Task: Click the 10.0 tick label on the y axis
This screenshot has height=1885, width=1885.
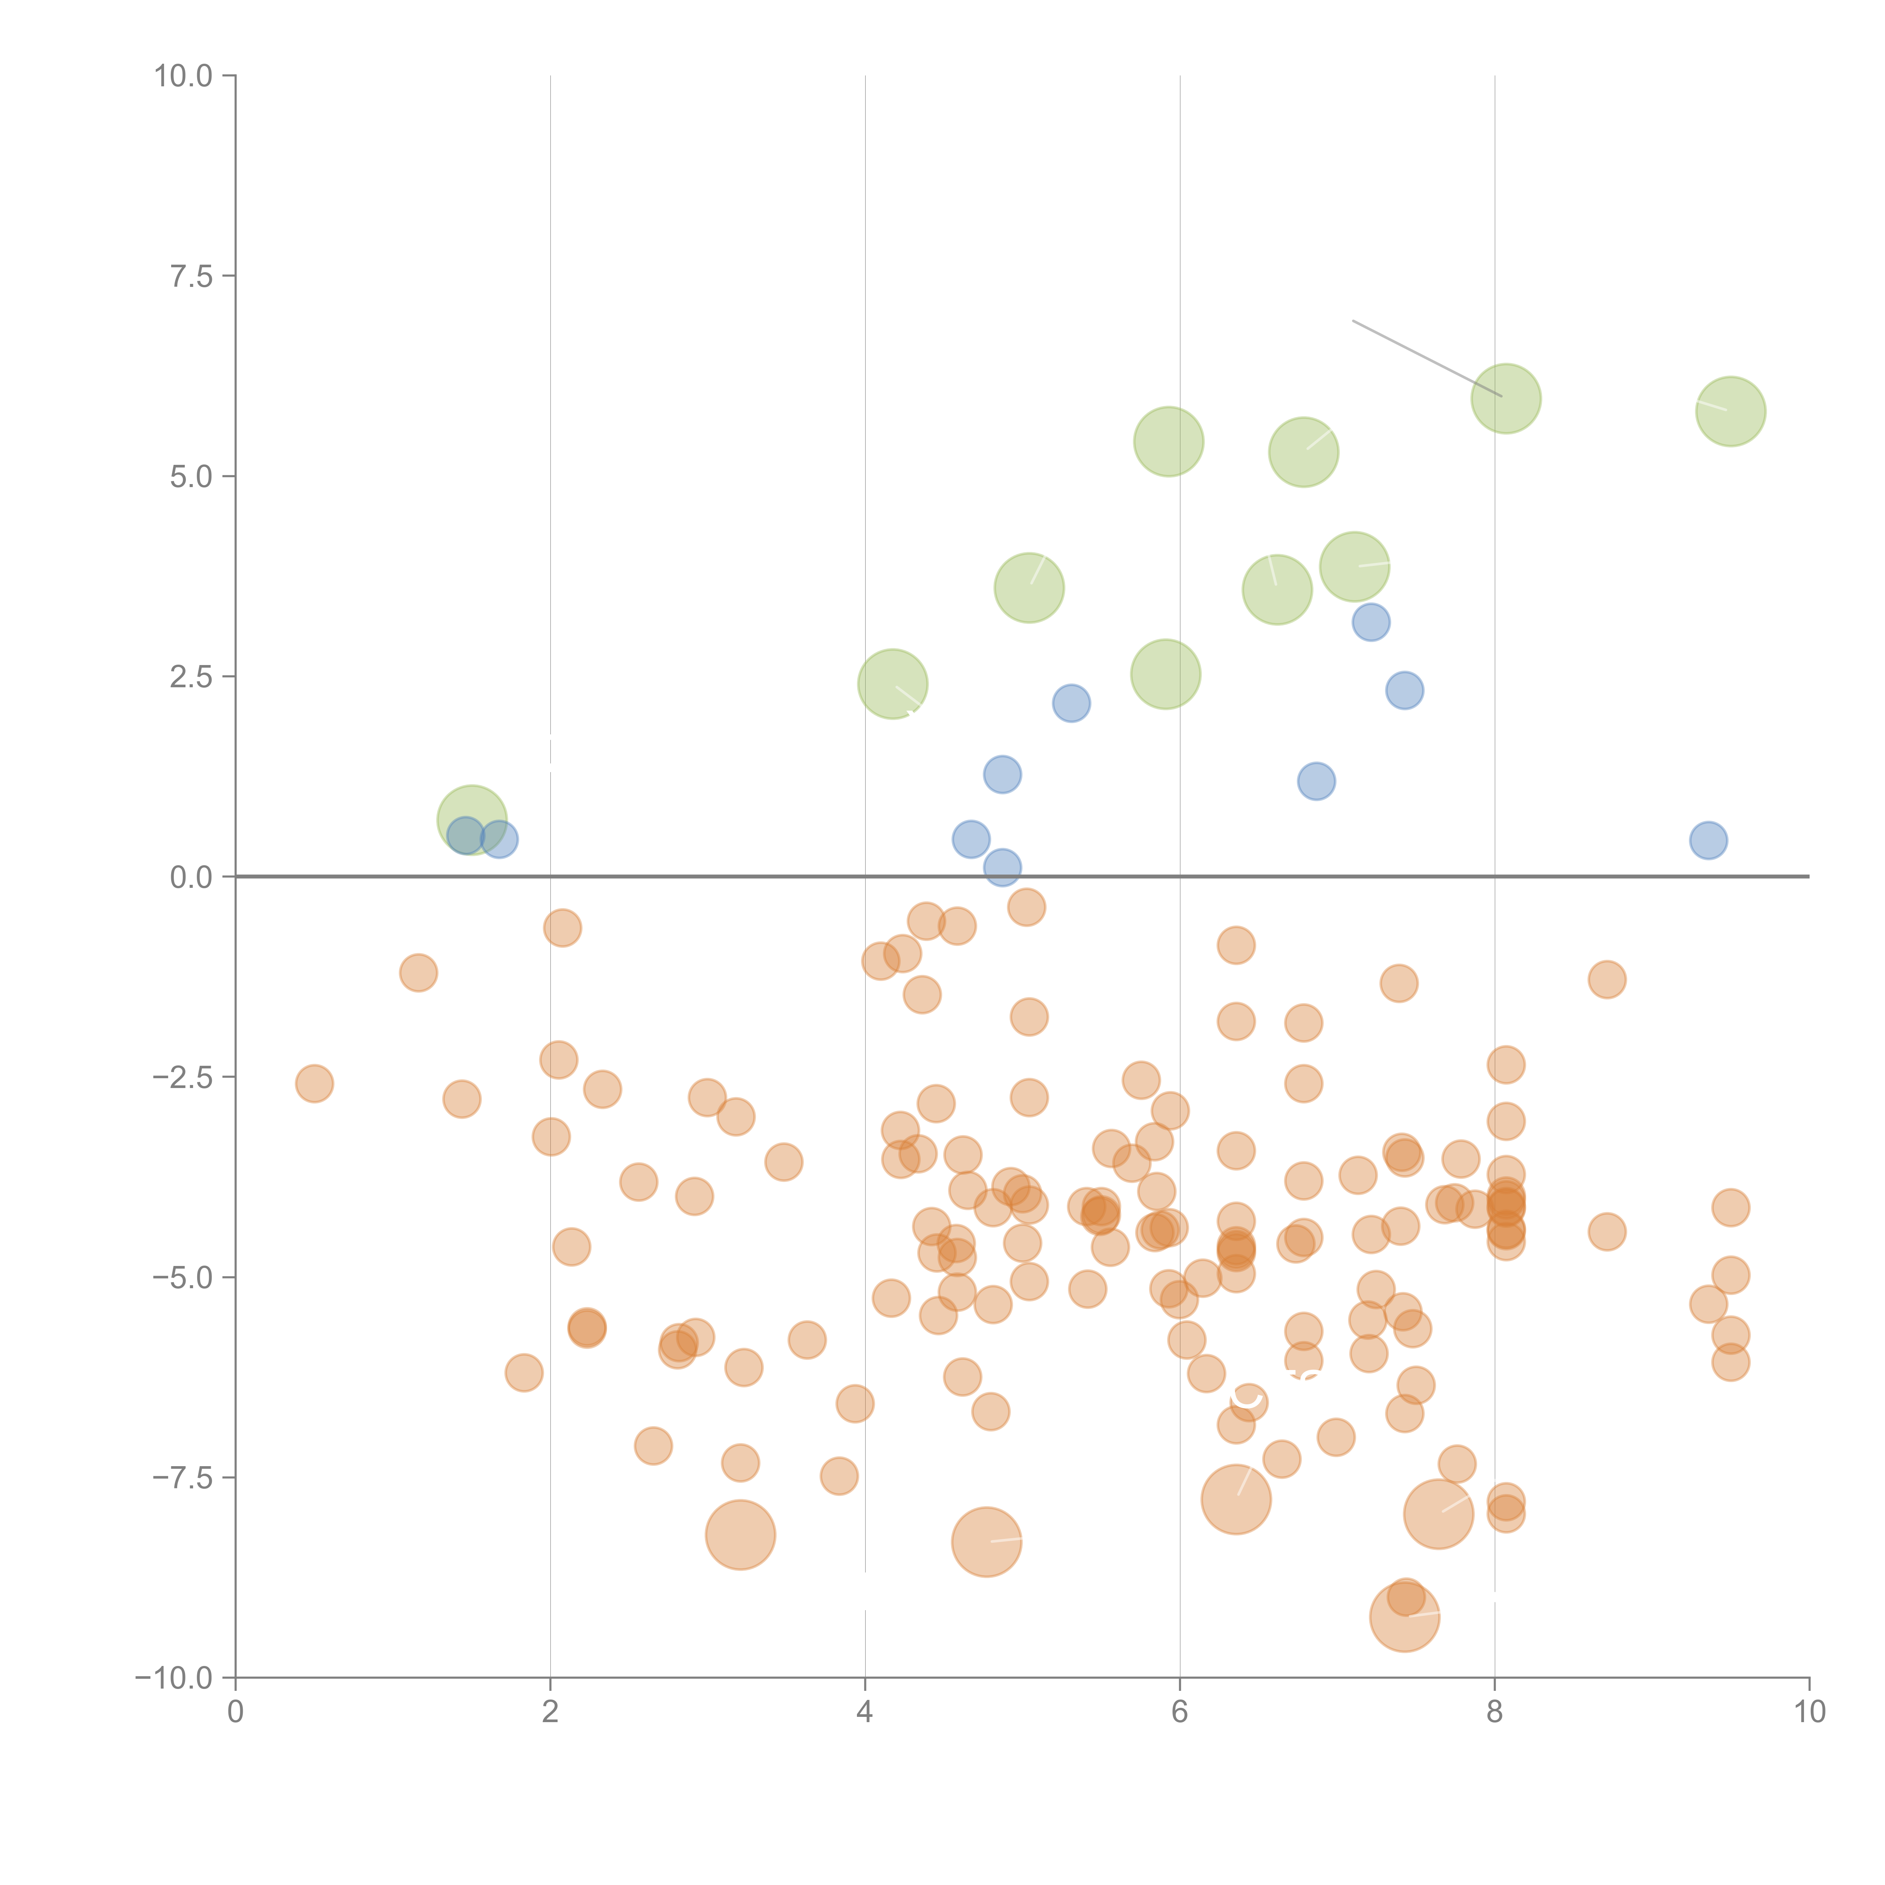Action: click(x=184, y=76)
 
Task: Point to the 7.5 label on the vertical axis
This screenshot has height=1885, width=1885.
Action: click(x=191, y=276)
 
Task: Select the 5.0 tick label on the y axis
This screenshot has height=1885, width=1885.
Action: click(x=191, y=476)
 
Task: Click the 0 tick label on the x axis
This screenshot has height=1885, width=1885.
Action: click(x=235, y=1712)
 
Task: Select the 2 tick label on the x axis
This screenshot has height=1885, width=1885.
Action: click(x=550, y=1712)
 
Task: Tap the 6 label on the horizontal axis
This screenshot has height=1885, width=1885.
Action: click(x=1180, y=1712)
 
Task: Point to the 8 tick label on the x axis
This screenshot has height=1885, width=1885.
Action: click(x=1495, y=1712)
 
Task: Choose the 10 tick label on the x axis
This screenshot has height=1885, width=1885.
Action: click(x=1809, y=1712)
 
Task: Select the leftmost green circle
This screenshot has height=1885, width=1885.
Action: click(x=472, y=820)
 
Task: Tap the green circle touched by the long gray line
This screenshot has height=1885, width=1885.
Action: click(x=1505, y=398)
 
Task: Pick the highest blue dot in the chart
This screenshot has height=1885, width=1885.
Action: click(x=1371, y=622)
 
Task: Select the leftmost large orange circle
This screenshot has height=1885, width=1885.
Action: click(x=740, y=1535)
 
